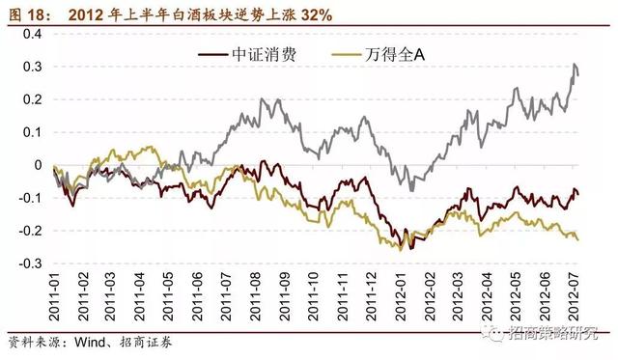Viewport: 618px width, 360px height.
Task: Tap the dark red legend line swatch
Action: (212, 54)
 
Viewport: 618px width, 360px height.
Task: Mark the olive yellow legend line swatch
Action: (343, 54)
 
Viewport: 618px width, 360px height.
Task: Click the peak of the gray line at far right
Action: (575, 65)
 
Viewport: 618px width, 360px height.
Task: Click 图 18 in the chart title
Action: (27, 12)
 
